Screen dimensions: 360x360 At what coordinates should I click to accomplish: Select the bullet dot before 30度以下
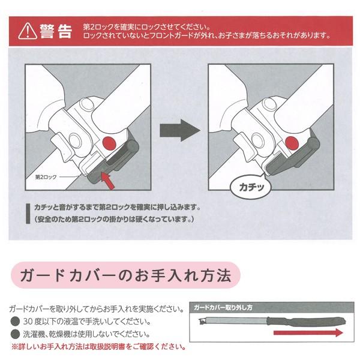click(14, 322)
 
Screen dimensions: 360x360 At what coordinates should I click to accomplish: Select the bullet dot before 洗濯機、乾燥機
click(14, 334)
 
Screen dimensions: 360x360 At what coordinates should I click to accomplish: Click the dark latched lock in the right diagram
click(282, 165)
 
